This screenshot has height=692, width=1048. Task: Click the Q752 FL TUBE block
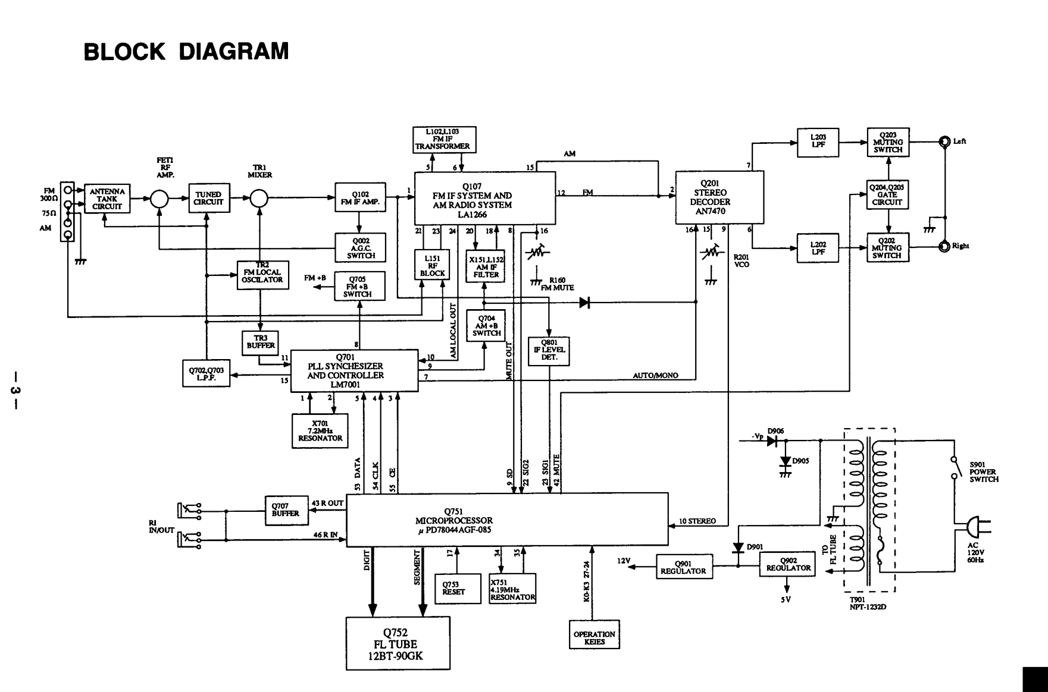398,643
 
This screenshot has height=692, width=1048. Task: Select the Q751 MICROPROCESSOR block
507,519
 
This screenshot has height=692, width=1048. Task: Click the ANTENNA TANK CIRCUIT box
107,199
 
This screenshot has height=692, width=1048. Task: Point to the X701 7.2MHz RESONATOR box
320,431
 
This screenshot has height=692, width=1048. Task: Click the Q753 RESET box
457,589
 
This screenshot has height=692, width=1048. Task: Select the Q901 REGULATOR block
683,568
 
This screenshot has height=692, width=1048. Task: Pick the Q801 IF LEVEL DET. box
549,351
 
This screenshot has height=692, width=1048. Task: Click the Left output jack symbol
944,141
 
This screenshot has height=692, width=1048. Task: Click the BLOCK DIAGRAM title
186,52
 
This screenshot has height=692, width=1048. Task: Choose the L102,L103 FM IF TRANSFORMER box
444,139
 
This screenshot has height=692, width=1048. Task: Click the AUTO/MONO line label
655,376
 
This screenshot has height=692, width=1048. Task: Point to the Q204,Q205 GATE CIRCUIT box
887,194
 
